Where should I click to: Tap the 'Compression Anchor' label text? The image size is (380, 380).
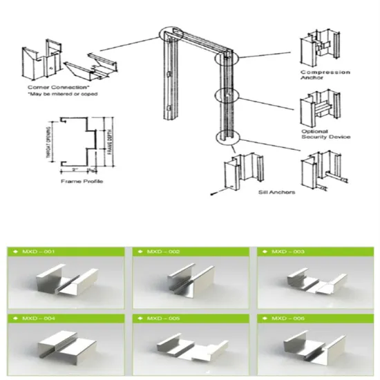pos(325,75)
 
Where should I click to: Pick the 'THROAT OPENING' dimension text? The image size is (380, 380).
pos(49,141)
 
